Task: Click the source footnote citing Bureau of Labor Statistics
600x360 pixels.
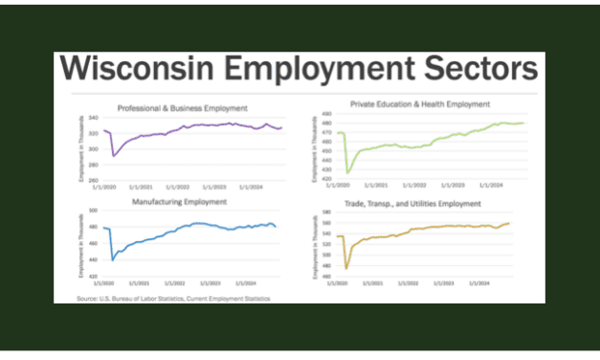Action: click(x=173, y=299)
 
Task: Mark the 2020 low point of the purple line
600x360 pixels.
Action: click(x=113, y=156)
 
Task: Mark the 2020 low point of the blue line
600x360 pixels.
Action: click(x=113, y=259)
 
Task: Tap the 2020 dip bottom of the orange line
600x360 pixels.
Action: click(x=346, y=269)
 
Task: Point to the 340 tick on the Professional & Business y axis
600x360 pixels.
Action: click(x=93, y=118)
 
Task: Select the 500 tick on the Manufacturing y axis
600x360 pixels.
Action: click(x=93, y=210)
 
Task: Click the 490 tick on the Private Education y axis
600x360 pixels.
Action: click(x=327, y=114)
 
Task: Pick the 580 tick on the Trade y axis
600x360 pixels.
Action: click(x=327, y=213)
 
